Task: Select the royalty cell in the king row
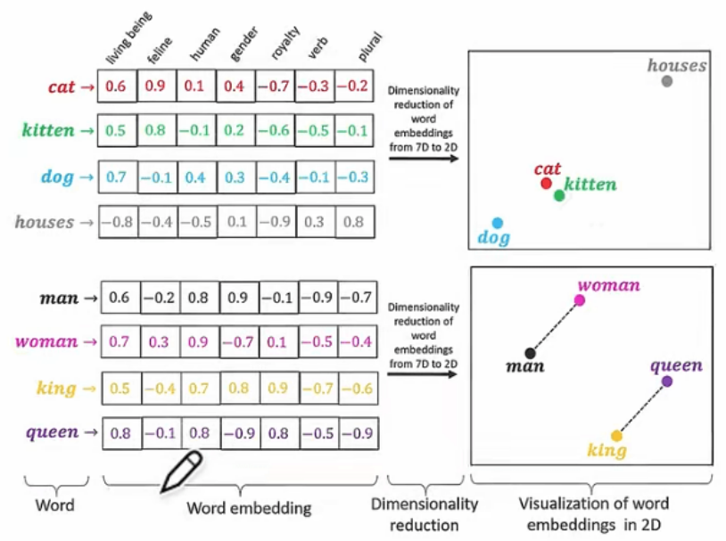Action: click(277, 389)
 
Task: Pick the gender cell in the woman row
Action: click(238, 341)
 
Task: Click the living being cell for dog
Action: click(117, 176)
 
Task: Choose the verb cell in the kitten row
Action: click(316, 130)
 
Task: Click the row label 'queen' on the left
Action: click(52, 433)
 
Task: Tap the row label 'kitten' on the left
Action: click(47, 130)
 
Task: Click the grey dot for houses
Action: click(666, 81)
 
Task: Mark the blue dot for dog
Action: click(498, 222)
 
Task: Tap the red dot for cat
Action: click(546, 184)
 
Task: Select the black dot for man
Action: click(531, 353)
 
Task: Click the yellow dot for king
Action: click(615, 435)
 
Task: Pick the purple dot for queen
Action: click(667, 381)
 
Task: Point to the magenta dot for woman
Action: click(580, 300)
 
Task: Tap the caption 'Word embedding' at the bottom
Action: click(249, 509)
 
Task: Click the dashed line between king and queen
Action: click(641, 408)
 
